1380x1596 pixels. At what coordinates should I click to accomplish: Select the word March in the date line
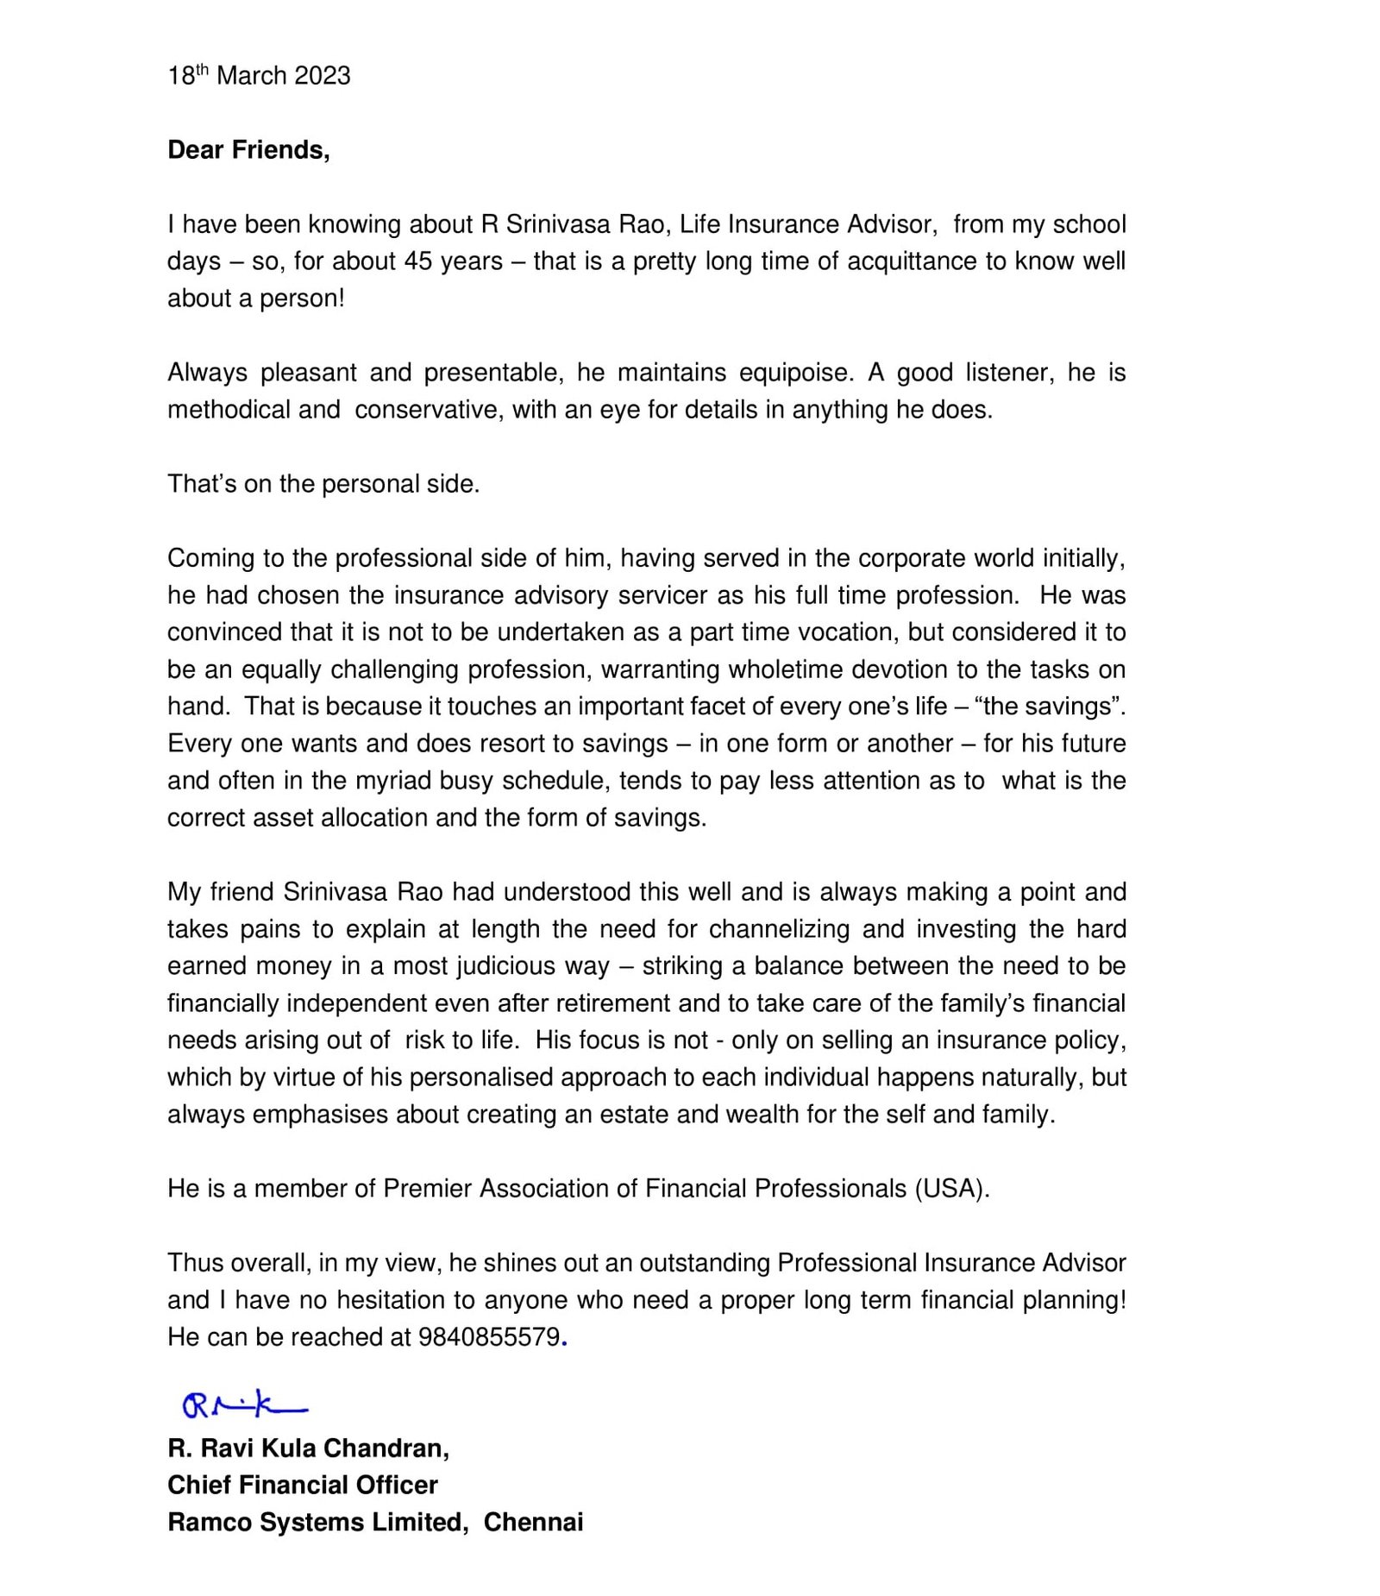(x=251, y=76)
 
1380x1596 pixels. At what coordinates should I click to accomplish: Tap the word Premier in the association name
(x=428, y=1189)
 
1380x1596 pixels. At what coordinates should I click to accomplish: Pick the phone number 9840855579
(x=489, y=1337)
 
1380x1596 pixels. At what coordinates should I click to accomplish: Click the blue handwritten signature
(x=244, y=1407)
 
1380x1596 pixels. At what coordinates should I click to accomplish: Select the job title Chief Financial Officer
(x=303, y=1485)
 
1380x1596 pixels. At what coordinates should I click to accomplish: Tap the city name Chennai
(x=533, y=1522)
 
